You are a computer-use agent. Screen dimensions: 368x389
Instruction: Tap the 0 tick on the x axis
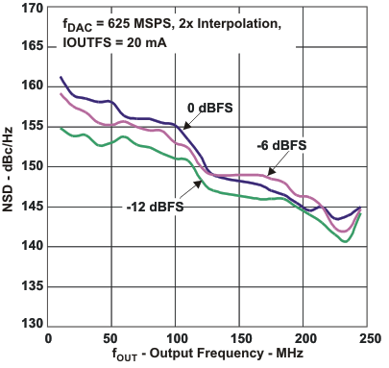point(48,339)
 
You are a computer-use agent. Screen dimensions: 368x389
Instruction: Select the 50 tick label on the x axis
point(111,339)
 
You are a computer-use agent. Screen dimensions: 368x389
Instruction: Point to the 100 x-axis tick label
point(176,339)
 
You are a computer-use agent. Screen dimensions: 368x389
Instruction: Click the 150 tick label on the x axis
point(240,339)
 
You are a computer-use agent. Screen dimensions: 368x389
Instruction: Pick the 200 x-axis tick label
point(304,339)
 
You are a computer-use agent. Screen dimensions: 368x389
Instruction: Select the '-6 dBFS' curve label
point(281,145)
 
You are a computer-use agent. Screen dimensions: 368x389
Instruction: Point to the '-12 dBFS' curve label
point(154,204)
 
